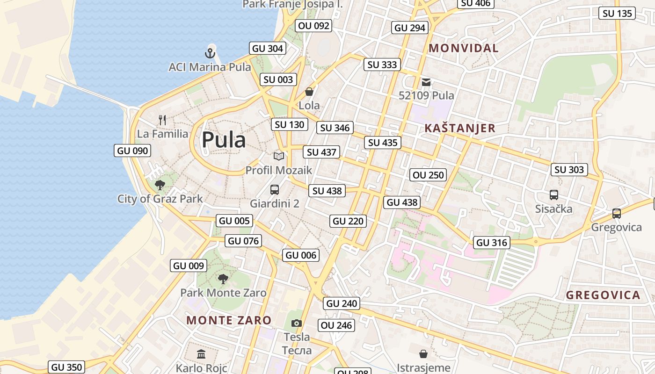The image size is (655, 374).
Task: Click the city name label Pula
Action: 224,140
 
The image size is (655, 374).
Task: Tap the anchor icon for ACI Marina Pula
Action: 210,53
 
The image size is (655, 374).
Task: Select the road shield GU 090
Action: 133,151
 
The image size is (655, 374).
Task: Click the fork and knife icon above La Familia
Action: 162,120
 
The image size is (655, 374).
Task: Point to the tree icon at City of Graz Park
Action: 160,185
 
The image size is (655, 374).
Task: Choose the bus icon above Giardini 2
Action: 275,190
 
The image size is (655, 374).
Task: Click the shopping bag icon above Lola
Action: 309,92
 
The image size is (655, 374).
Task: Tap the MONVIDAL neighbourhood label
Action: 464,48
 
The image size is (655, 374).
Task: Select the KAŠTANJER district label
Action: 460,129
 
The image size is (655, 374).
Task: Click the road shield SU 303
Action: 569,170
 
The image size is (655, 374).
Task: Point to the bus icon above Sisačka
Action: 554,195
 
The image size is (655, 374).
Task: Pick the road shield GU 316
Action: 491,243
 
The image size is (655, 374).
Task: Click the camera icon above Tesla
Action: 296,323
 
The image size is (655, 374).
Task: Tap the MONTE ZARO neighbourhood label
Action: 229,320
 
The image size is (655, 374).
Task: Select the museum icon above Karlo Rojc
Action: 201,354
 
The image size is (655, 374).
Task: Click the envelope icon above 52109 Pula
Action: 426,82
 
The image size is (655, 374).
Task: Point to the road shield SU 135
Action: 617,14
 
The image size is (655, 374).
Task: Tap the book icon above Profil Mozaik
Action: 279,156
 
